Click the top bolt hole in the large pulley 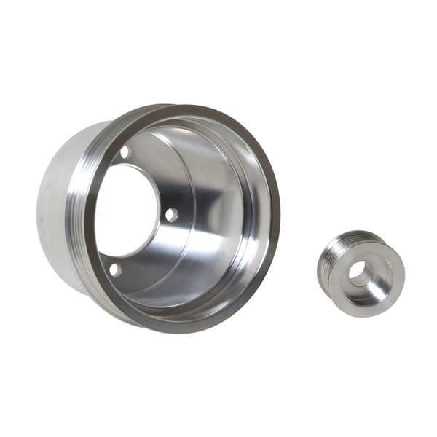pos(125,153)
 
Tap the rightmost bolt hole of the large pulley pos(171,215)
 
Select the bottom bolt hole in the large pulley pos(114,269)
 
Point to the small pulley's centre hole pos(359,273)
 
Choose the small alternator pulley pos(361,269)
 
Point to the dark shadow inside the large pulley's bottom pos(182,291)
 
